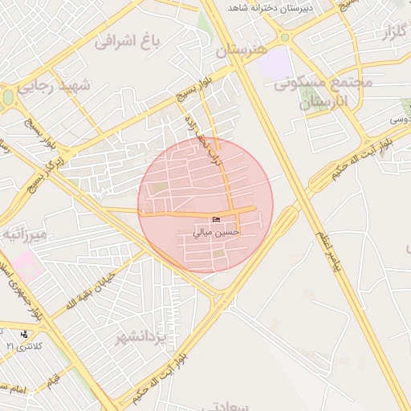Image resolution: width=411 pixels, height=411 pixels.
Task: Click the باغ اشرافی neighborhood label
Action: tap(128, 41)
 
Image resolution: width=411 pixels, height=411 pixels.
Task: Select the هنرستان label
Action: tap(240, 50)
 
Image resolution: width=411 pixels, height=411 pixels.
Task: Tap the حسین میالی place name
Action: tap(217, 232)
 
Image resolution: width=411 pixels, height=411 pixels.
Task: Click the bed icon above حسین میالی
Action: tap(215, 220)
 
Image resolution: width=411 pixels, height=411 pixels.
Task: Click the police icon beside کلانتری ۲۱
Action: tap(25, 334)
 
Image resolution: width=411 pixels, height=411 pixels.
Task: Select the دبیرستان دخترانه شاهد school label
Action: tap(269, 7)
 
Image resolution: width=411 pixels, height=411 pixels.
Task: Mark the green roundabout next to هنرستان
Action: tap(284, 37)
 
